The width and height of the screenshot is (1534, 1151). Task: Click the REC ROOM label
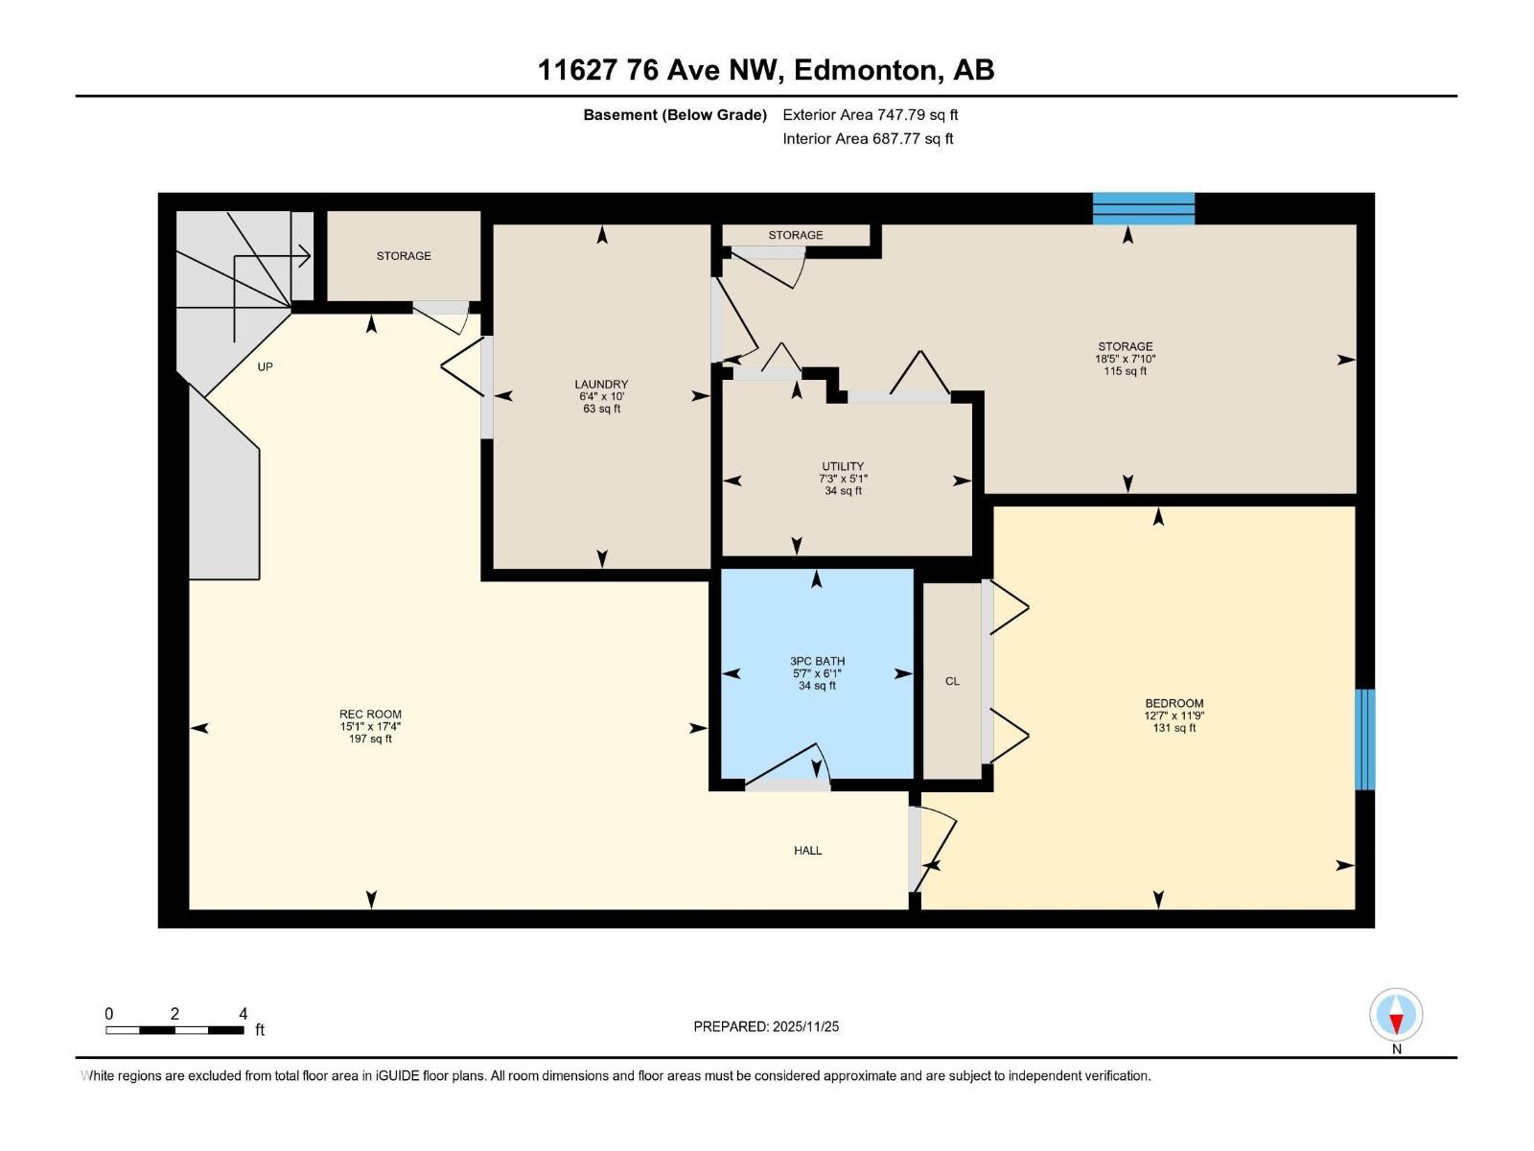point(370,715)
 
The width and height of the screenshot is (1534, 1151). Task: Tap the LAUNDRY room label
point(601,385)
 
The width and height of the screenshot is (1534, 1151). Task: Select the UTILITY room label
point(843,466)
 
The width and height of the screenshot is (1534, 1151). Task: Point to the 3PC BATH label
point(817,661)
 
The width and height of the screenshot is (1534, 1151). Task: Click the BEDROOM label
point(1174,704)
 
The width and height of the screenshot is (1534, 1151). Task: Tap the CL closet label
point(953,681)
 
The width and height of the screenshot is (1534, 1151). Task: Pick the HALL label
point(808,851)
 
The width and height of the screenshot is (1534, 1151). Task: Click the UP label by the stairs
point(265,367)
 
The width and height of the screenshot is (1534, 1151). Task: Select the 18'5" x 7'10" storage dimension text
point(1126,359)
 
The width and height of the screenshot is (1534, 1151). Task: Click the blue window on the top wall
point(1144,208)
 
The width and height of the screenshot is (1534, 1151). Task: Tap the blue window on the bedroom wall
point(1365,740)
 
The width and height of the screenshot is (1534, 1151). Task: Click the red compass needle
point(1396,1023)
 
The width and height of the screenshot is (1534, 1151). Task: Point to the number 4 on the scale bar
point(244,1013)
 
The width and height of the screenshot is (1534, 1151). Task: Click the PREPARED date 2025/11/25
point(805,1026)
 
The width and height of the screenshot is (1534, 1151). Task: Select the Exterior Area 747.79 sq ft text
point(871,114)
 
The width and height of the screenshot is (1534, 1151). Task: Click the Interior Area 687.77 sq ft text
point(868,138)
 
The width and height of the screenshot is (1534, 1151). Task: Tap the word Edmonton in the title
point(866,70)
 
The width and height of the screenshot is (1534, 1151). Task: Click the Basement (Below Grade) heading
point(675,114)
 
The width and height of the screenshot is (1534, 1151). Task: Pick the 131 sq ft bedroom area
point(1174,727)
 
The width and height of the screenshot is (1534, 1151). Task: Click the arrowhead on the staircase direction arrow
point(306,256)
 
